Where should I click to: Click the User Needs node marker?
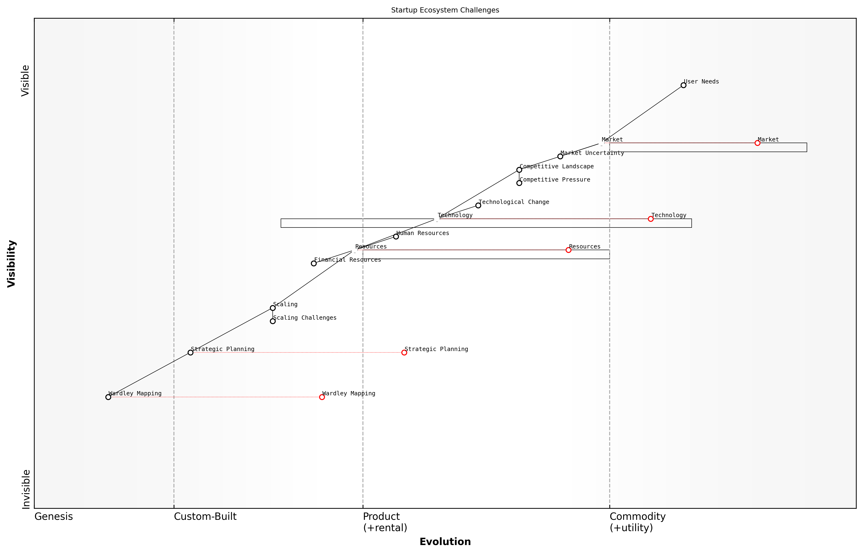pos(683,85)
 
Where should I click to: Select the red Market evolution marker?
pos(757,143)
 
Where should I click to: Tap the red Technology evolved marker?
pos(650,219)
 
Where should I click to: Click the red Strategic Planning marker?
pos(404,352)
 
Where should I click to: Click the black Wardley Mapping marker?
pos(108,397)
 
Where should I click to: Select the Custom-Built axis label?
pos(205,517)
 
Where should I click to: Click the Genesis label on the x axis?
pos(53,517)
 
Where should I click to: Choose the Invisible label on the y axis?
pos(25,489)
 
